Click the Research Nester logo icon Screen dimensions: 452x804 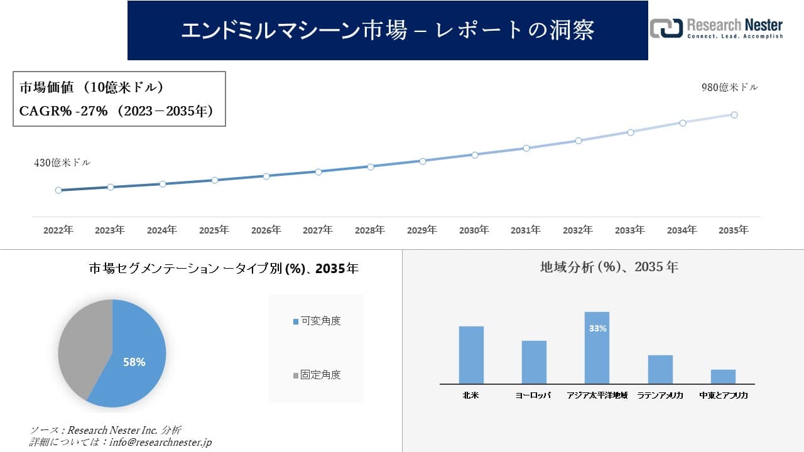[666, 28]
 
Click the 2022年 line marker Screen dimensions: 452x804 [58, 190]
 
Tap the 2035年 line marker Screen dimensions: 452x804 [734, 115]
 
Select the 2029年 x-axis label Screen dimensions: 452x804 [422, 230]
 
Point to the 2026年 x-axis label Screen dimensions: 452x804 [266, 230]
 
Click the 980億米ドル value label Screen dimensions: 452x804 [729, 88]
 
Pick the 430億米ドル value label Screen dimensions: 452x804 [62, 163]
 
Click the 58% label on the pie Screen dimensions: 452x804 [134, 362]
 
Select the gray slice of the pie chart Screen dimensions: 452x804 [82, 345]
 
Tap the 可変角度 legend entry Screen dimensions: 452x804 [317, 321]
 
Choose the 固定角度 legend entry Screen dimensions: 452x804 [317, 375]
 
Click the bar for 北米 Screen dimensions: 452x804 [471, 355]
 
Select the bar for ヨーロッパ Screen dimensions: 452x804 [534, 362]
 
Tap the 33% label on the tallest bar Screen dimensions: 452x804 [597, 328]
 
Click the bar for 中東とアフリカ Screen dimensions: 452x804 [723, 377]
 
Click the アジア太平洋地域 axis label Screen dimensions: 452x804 [597, 396]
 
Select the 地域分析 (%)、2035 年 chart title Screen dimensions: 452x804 [609, 267]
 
